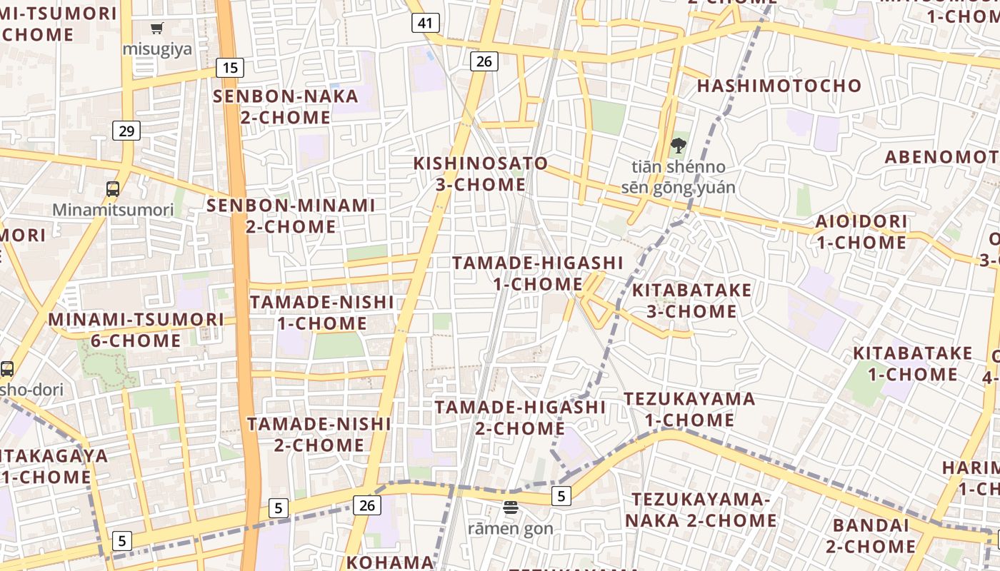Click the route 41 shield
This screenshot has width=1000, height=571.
click(425, 23)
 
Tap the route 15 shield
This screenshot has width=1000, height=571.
click(230, 68)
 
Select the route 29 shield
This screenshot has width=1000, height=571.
click(126, 131)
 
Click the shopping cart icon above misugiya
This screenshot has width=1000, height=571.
click(156, 29)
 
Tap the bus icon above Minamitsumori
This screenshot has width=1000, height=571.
click(113, 189)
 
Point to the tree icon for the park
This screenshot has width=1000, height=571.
click(678, 146)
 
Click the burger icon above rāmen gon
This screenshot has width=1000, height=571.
click(511, 508)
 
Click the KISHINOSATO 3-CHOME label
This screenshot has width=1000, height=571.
click(481, 173)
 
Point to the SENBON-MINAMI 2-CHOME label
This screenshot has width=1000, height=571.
click(291, 216)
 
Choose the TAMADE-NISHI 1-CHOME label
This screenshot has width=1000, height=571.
click(321, 313)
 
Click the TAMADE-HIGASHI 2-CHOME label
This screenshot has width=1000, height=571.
click(520, 418)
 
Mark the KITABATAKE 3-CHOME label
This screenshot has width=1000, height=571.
click(691, 300)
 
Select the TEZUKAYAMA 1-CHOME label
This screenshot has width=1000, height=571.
click(689, 409)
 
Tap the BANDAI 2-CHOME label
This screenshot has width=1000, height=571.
click(871, 536)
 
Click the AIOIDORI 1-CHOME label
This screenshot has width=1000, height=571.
click(861, 231)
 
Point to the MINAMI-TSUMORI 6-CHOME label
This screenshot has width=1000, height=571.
click(136, 330)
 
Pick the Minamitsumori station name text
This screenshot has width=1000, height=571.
click(113, 210)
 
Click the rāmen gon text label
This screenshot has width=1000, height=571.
click(511, 529)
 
